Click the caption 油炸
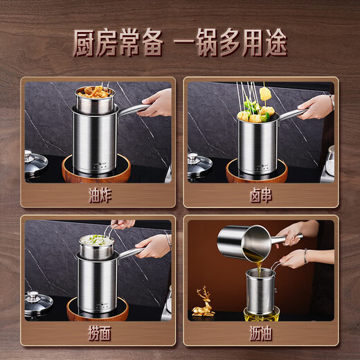[98, 196]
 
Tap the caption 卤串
[261, 196]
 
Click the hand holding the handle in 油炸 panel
[157, 103]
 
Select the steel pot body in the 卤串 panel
[257, 142]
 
